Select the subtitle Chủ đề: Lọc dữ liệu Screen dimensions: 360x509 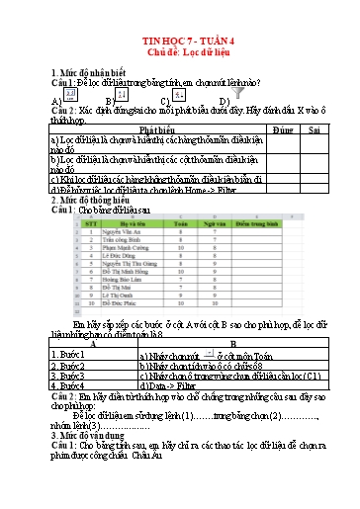pyautogui.click(x=179, y=53)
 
